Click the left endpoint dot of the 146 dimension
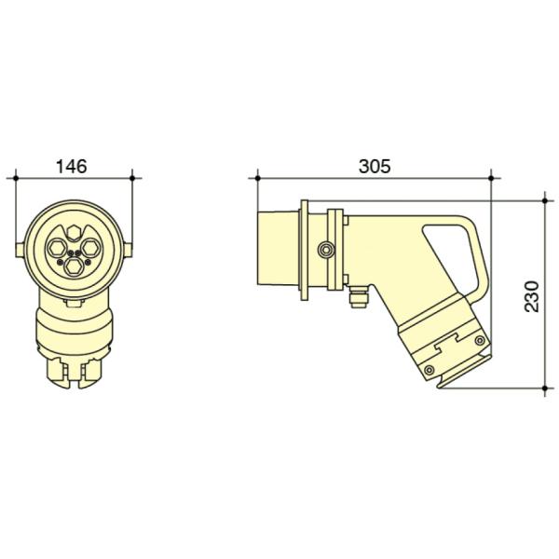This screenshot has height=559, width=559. coord(17,176)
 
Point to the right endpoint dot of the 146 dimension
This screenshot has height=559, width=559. coord(133,176)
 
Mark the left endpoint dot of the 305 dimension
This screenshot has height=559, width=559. coord(256,176)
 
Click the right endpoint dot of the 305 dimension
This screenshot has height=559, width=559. coord(492,176)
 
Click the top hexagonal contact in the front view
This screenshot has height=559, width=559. coord(74,229)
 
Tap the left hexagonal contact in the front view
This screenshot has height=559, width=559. coord(57,247)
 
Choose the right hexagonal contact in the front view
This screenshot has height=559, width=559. coord(91,247)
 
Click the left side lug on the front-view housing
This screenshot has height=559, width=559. coord(20,247)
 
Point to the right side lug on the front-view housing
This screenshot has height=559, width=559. coord(130,247)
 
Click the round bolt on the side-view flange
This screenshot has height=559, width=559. coord(325,250)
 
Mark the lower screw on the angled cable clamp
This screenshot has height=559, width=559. coord(428,371)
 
